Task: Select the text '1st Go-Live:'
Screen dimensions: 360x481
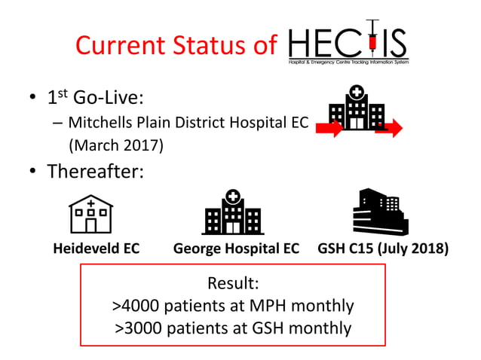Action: (98, 99)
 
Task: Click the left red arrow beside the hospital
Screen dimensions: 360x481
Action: (329, 129)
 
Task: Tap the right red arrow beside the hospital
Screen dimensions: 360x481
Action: (389, 129)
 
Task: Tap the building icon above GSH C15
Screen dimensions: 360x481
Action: (380, 211)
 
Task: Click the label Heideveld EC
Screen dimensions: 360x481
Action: (97, 249)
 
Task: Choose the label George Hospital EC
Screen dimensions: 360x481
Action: (236, 249)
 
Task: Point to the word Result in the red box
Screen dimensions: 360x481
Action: (230, 284)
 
